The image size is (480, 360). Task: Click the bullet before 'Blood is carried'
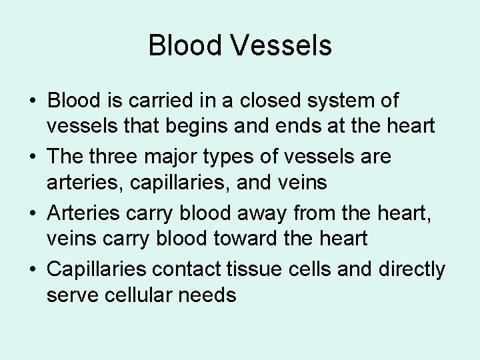point(32,102)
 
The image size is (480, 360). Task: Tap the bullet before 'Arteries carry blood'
point(32,214)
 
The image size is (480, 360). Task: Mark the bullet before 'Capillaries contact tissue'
point(32,270)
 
